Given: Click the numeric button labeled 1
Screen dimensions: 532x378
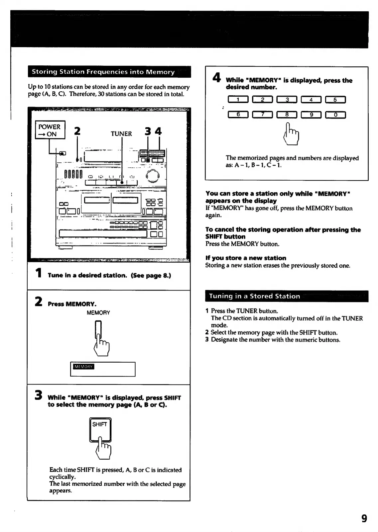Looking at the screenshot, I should tap(238, 100).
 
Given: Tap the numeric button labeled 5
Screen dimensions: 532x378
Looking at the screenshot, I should tap(335, 100).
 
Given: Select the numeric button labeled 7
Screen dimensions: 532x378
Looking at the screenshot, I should tap(262, 115).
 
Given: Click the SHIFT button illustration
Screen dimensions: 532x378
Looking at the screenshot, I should tap(100, 428).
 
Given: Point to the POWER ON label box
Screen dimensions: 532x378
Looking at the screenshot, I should tap(50, 130).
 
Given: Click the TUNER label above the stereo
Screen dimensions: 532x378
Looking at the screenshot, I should tap(121, 134).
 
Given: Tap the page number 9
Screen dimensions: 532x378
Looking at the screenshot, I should tap(364, 518).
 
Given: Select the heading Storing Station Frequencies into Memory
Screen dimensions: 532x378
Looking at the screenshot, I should tap(103, 72).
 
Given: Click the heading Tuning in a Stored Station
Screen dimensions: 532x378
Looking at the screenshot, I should tap(254, 296).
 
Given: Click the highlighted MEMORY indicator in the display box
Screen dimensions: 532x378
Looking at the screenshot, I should tap(84, 367).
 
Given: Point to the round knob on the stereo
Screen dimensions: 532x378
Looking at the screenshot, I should tap(153, 176).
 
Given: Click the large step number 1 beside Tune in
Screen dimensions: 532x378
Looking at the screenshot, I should tap(39, 273).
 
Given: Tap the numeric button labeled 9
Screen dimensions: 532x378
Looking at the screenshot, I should tap(311, 115).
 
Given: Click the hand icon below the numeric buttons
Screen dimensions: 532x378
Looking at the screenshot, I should tap(292, 134).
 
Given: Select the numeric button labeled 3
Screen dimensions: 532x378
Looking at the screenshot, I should tap(287, 100).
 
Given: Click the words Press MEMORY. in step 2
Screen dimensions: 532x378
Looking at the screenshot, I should tap(72, 304).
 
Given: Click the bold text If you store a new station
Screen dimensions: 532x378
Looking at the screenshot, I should tap(246, 258).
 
